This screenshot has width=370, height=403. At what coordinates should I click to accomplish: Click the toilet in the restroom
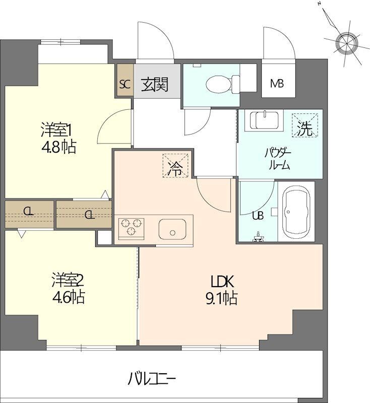(x=223, y=84)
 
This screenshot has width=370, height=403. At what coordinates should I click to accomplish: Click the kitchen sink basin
(x=172, y=229)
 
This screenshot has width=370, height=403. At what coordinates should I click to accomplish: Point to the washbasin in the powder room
(x=264, y=121)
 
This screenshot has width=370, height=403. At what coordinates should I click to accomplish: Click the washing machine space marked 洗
(x=305, y=125)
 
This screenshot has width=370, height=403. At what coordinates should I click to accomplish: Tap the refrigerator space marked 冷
(x=175, y=165)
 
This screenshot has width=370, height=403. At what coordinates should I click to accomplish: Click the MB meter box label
(x=277, y=83)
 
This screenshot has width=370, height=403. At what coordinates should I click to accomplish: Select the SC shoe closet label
(x=125, y=84)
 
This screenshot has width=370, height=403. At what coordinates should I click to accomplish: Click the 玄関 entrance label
(x=155, y=84)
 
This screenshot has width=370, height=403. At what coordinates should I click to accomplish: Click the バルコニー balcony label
(x=152, y=379)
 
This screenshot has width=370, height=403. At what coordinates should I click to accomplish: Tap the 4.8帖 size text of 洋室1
(x=58, y=148)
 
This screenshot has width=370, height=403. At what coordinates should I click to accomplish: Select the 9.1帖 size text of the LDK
(x=221, y=298)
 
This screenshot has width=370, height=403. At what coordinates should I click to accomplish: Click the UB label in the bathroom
(x=258, y=216)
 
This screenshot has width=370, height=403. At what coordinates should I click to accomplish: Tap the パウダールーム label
(x=278, y=159)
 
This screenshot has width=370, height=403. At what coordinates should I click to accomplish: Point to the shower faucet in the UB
(x=258, y=237)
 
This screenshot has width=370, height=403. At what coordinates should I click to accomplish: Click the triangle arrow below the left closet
(x=22, y=233)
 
